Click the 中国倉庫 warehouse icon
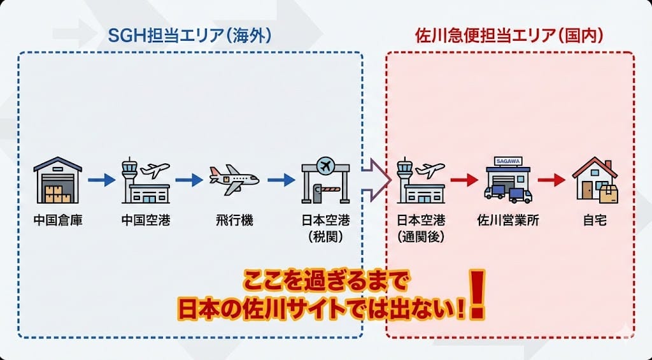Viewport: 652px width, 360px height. click(58, 180)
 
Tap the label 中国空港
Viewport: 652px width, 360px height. click(145, 222)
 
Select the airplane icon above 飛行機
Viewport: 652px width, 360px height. click(234, 180)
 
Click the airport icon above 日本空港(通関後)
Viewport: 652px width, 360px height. click(421, 180)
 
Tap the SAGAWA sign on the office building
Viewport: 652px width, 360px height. click(507, 163)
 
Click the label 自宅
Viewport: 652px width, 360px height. click(595, 222)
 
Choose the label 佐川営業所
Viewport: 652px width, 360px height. click(508, 222)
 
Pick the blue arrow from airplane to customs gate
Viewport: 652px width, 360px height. click(281, 180)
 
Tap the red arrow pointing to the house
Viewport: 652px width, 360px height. click(551, 180)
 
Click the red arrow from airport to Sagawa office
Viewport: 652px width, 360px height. click(464, 180)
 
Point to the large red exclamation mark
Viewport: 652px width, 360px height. click(477, 294)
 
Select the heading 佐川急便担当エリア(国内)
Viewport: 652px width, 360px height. click(509, 36)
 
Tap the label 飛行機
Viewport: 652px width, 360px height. click(234, 222)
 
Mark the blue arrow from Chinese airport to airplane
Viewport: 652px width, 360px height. click(188, 180)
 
